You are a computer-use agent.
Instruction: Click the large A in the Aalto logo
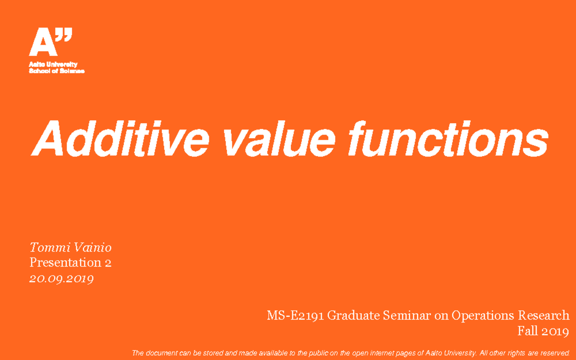click(42, 43)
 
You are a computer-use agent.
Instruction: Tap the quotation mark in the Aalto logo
click(65, 35)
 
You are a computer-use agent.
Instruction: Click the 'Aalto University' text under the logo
click(53, 64)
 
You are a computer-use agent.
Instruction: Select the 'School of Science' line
click(57, 71)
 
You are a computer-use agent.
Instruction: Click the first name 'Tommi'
click(49, 248)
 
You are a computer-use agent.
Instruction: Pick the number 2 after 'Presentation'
click(108, 263)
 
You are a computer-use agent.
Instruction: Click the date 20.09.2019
click(61, 278)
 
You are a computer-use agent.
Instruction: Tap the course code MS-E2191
click(295, 316)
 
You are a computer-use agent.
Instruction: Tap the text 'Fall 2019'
click(543, 331)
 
